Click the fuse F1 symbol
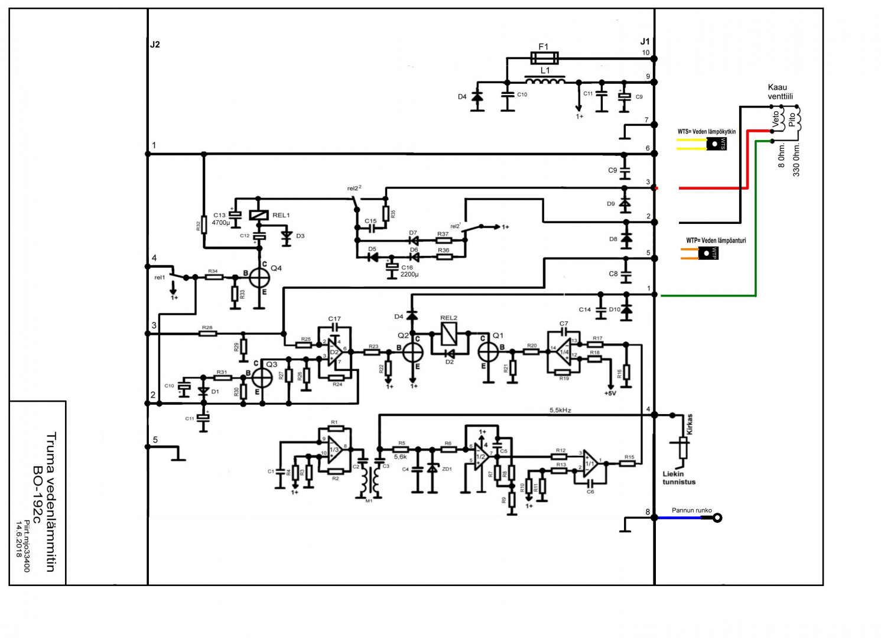coord(544,58)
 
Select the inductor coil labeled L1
coord(544,80)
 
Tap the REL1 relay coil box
coord(259,216)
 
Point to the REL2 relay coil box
coord(449,335)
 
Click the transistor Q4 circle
coord(259,277)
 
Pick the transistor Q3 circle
coord(262,377)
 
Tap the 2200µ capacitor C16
coord(392,268)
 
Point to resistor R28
coord(207,334)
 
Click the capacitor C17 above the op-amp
coord(334,327)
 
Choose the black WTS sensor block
coord(716,144)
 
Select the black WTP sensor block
coord(708,253)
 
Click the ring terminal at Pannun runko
coord(717,518)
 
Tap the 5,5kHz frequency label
coord(560,410)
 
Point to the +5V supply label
coord(610,393)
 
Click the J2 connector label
coord(155,44)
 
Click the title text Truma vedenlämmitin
coord(51,502)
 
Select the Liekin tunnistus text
coord(679,478)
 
